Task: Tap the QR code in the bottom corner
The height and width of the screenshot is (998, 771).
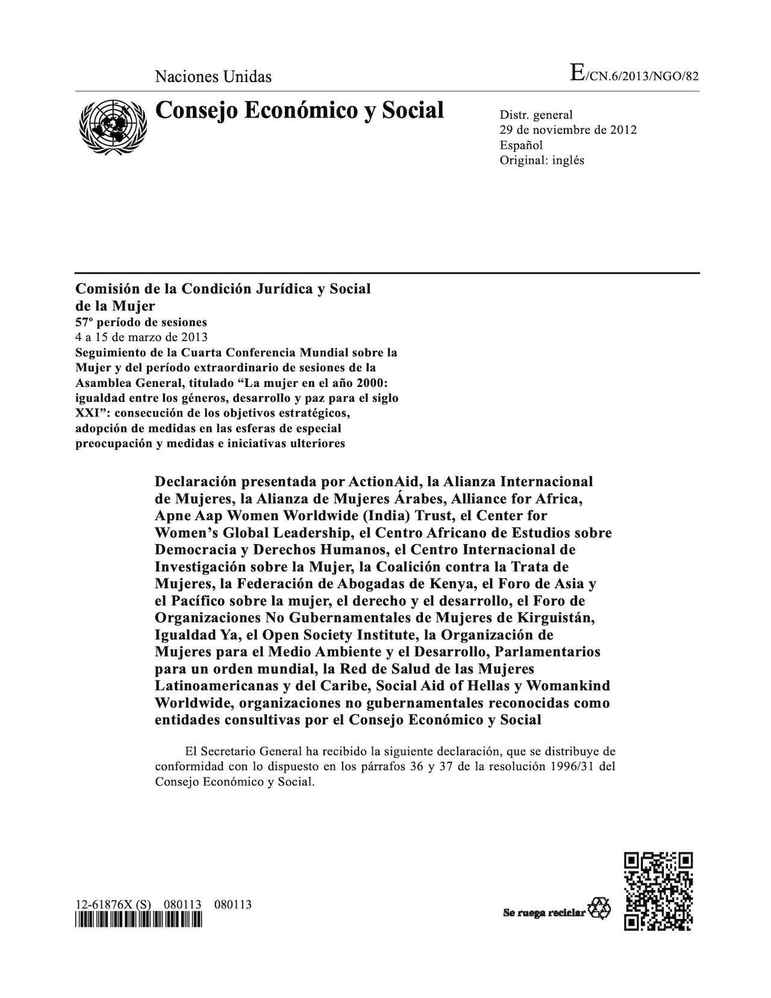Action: [658, 891]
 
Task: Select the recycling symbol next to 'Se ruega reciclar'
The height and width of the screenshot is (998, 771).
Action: [599, 908]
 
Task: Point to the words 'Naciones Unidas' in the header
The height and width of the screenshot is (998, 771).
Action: [213, 77]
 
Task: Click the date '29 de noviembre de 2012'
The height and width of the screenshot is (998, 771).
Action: [568, 130]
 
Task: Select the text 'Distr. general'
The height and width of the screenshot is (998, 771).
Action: [536, 115]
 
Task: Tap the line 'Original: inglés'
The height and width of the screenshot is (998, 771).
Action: [542, 160]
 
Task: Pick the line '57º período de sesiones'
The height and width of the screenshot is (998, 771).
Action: [141, 322]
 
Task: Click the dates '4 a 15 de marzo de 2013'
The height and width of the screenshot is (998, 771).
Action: [142, 337]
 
